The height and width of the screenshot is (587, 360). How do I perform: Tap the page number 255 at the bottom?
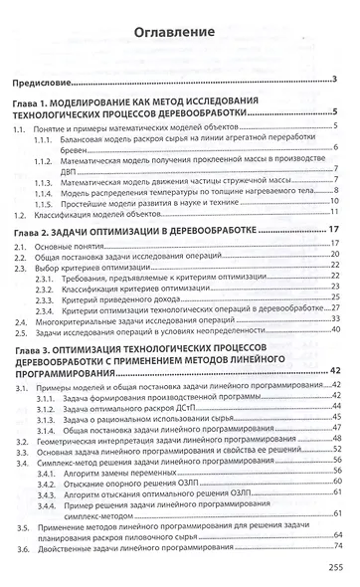click(x=333, y=567)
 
